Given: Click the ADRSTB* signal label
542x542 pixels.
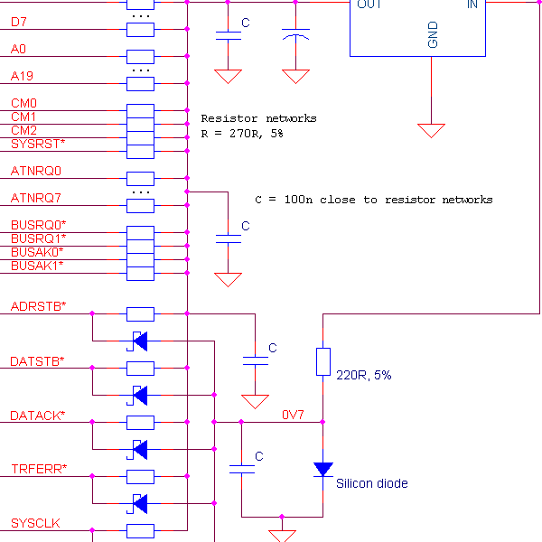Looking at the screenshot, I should pyautogui.click(x=38, y=306).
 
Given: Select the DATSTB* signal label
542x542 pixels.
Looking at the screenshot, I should pyautogui.click(x=37, y=361).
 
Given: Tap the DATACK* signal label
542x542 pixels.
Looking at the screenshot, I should pyautogui.click(x=37, y=416).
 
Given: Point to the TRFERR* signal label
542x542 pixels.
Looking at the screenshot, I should pyautogui.click(x=39, y=469).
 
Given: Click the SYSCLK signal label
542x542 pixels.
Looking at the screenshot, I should pyautogui.click(x=35, y=523).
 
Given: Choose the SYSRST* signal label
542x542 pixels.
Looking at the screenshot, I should pyautogui.click(x=38, y=144).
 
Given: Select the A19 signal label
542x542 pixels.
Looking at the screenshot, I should pyautogui.click(x=23, y=76).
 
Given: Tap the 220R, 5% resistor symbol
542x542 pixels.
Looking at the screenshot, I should pyautogui.click(x=322, y=361).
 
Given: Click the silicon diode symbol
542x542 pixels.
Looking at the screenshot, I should pyautogui.click(x=322, y=469).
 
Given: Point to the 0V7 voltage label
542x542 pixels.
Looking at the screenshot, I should pyautogui.click(x=293, y=416).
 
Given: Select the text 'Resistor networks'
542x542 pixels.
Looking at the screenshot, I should pyautogui.click(x=258, y=118).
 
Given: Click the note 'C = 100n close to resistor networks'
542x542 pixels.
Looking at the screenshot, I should pyautogui.click(x=374, y=200).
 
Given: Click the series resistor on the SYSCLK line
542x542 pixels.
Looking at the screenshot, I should pyautogui.click(x=140, y=530).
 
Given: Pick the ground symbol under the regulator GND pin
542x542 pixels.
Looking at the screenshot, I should pyautogui.click(x=432, y=130).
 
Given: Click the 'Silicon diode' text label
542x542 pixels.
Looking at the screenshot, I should pyautogui.click(x=372, y=484).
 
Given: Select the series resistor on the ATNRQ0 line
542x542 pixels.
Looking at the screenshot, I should pyautogui.click(x=140, y=178).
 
